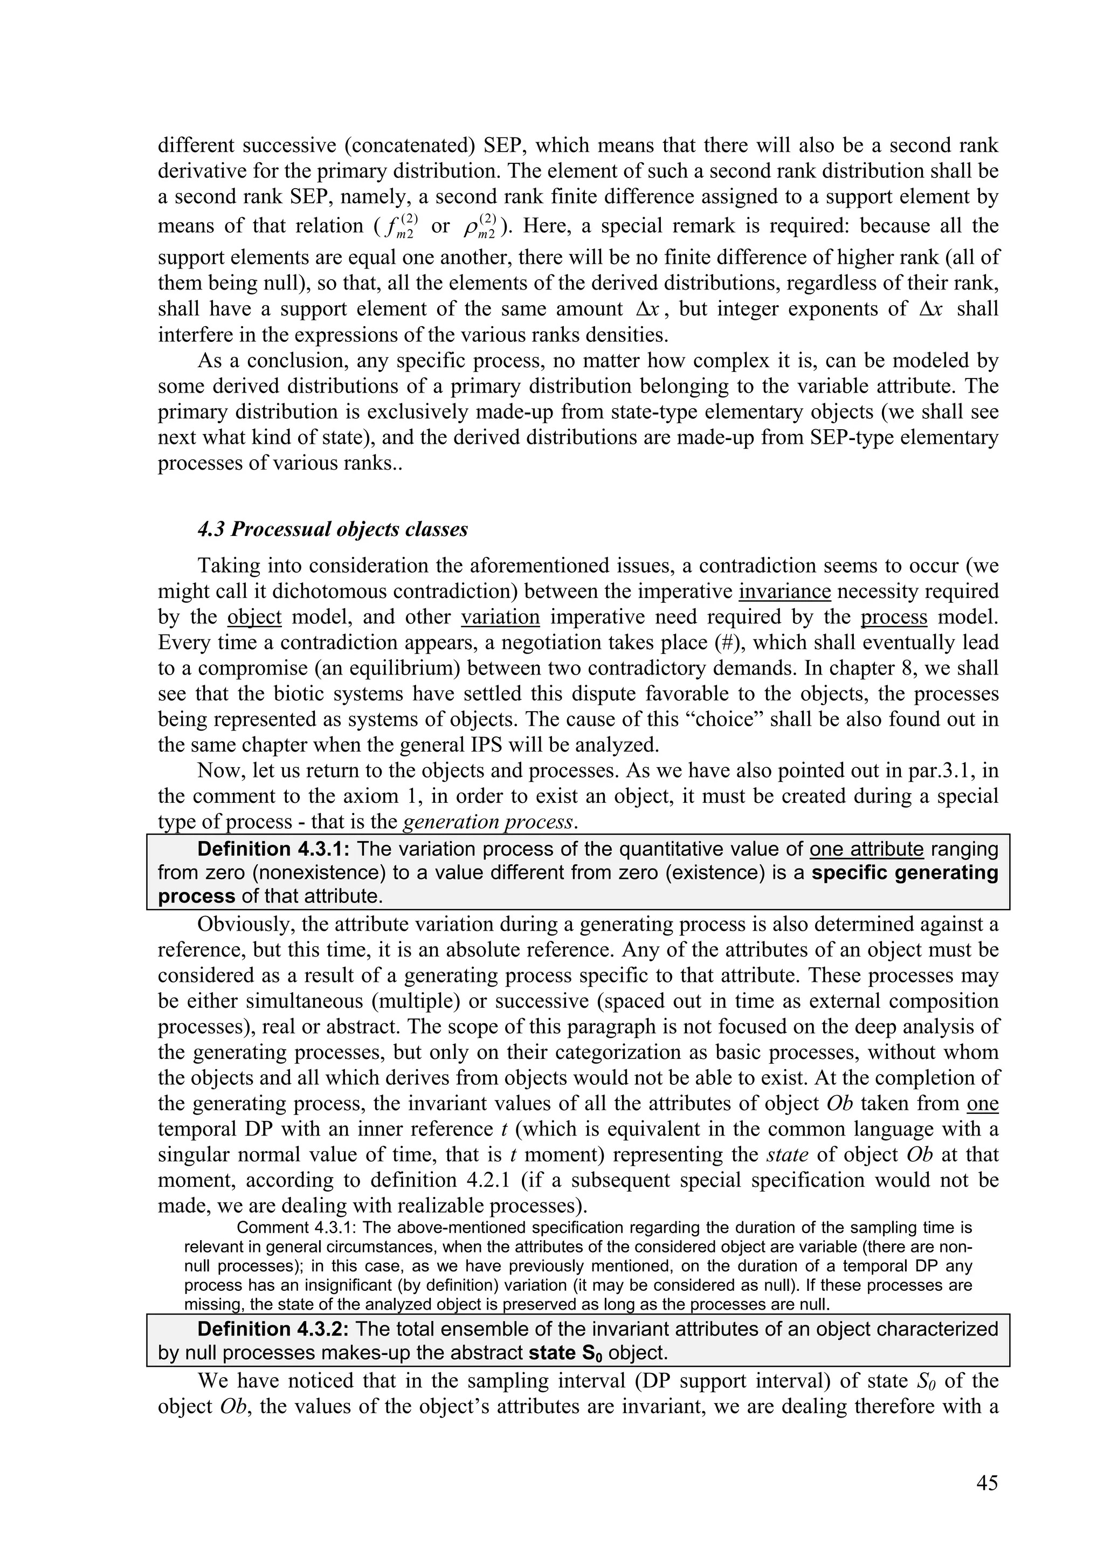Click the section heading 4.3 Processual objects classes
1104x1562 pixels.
(x=332, y=529)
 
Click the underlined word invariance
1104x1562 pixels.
(x=784, y=590)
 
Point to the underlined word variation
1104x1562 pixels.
(x=500, y=616)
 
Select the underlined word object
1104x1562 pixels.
(x=254, y=616)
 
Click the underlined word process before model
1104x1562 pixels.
(x=893, y=616)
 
